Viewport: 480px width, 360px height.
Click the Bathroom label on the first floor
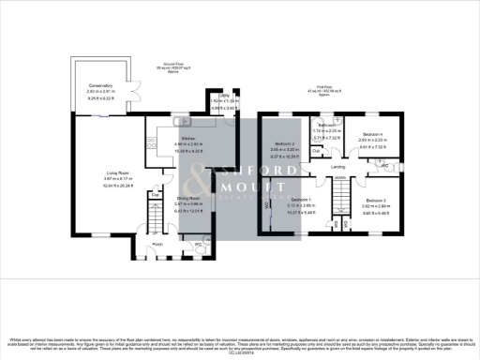pos(326,125)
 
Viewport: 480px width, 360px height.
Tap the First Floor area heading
pos(323,90)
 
